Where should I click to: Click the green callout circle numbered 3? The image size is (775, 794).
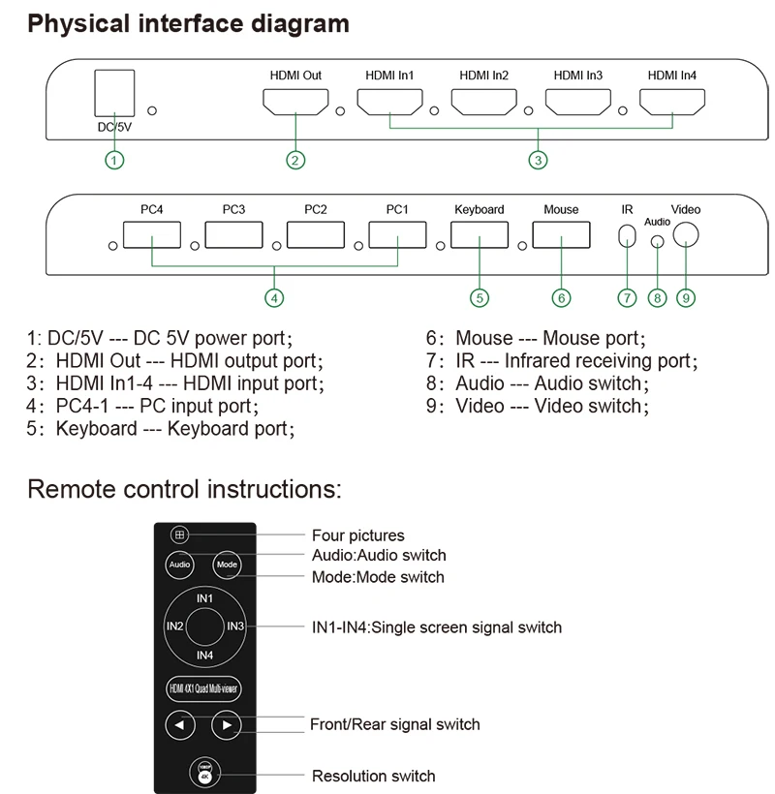point(538,161)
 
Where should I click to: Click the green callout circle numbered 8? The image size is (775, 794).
point(658,298)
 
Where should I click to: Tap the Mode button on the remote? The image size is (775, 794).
point(227,565)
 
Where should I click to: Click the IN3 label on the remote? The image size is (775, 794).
point(235,626)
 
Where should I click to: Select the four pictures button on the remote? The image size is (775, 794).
point(178,534)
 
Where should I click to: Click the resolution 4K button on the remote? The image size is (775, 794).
point(204,775)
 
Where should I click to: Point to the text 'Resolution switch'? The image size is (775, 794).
point(373,776)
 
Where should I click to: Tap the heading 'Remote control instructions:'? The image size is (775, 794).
point(185,487)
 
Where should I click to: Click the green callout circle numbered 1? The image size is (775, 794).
point(114,161)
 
